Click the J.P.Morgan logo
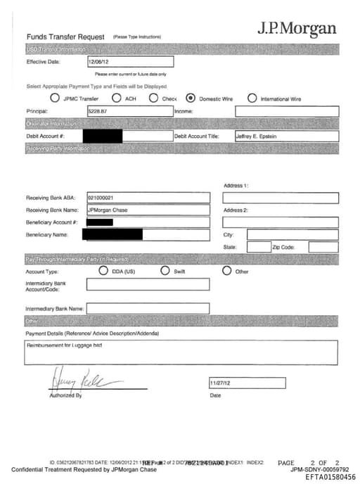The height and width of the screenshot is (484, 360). (296, 29)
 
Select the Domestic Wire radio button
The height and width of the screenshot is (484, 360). (191, 98)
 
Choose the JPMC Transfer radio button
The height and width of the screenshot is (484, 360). (54, 98)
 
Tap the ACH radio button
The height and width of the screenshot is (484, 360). (116, 98)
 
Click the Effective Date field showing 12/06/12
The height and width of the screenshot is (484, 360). (129, 62)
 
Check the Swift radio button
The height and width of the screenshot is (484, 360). (165, 271)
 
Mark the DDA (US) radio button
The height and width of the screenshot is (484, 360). (103, 271)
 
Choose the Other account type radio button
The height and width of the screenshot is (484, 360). (226, 271)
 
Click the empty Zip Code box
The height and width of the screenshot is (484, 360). (323, 248)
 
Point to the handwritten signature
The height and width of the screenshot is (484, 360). (76, 381)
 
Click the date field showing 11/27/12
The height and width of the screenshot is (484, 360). (247, 383)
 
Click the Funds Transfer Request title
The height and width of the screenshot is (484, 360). (65, 37)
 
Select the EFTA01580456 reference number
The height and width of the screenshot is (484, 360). (330, 477)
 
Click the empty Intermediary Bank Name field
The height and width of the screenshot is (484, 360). (148, 308)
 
